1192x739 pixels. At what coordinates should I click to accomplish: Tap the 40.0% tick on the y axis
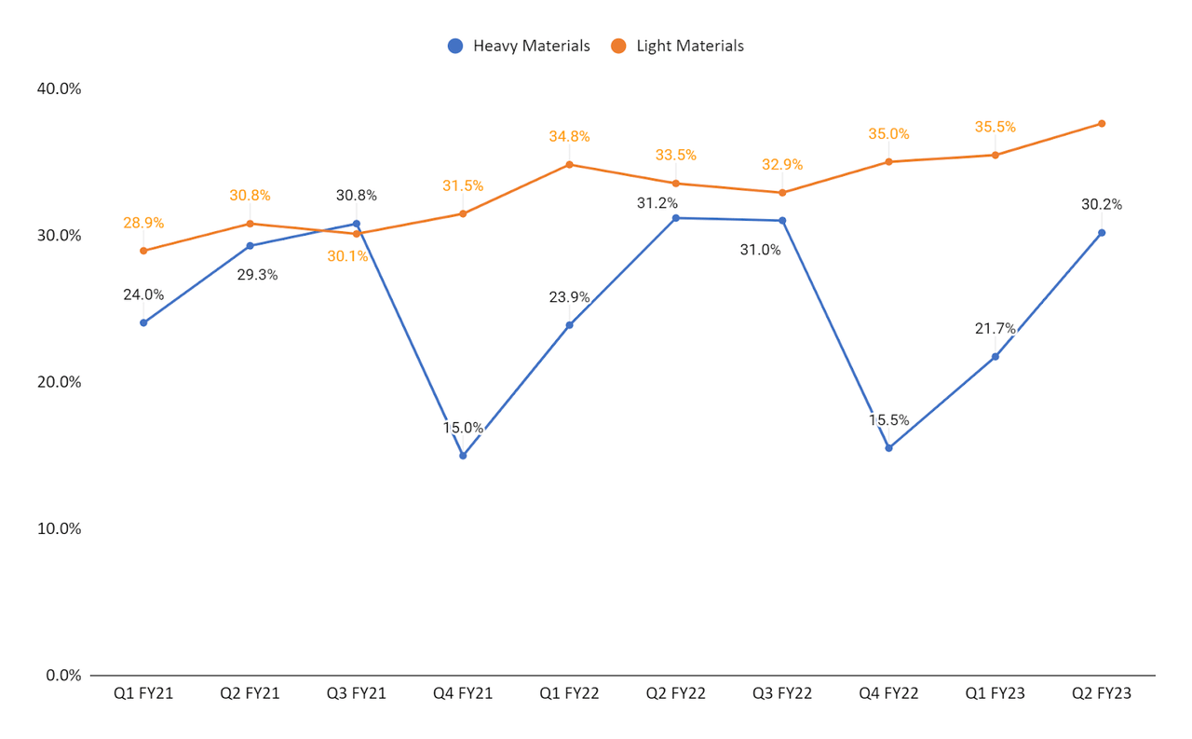tap(58, 89)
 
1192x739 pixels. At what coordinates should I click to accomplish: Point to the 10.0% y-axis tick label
tap(58, 528)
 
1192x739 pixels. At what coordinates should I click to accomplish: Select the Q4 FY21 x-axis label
tap(463, 694)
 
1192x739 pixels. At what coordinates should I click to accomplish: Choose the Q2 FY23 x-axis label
tap(1102, 694)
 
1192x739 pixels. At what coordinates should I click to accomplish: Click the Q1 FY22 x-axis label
tap(569, 694)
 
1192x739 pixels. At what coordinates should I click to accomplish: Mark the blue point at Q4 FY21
tap(463, 456)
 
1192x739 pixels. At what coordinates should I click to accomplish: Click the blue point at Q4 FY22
tap(888, 448)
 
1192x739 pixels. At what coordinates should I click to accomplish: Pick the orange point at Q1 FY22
tap(569, 165)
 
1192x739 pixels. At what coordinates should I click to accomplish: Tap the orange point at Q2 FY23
tap(1102, 123)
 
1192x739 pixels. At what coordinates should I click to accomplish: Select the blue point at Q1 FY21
tap(143, 322)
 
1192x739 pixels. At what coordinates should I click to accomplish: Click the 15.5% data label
tap(889, 420)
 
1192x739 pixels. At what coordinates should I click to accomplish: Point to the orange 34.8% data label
tap(569, 137)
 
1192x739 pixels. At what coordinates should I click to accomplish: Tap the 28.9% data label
tap(143, 224)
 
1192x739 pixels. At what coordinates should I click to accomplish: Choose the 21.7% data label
tap(995, 328)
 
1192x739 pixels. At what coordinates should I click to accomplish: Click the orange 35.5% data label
tap(995, 127)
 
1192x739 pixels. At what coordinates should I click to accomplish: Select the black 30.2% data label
tap(1102, 205)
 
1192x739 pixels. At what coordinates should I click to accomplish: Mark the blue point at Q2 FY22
tap(676, 218)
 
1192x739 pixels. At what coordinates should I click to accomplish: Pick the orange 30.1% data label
tap(347, 256)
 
